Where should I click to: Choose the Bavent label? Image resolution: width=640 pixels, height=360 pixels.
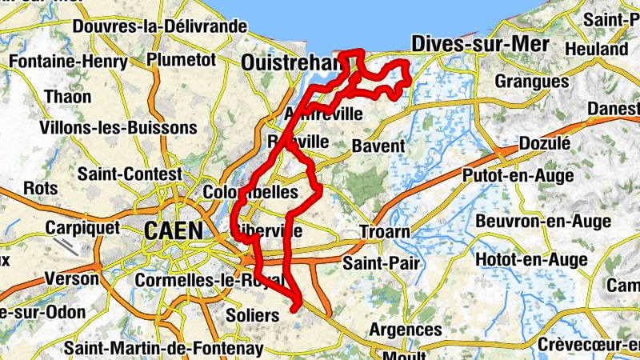378,146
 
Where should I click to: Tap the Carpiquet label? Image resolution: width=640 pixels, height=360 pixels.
82,227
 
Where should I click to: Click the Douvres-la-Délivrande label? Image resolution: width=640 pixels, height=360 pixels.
159,26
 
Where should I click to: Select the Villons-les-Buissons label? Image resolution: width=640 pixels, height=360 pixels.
118,127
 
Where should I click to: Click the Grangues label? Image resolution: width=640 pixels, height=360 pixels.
531,82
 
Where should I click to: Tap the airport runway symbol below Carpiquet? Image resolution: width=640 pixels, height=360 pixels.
71,246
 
